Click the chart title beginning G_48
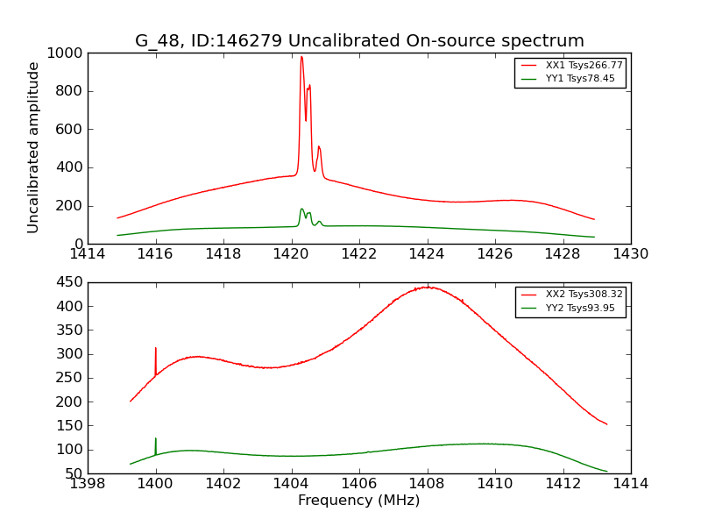pyautogui.click(x=359, y=40)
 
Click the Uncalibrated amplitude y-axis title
pyautogui.click(x=33, y=147)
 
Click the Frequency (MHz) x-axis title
pyautogui.click(x=358, y=501)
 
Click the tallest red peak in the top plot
pyautogui.click(x=301, y=58)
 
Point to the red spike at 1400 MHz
pyautogui.click(x=156, y=349)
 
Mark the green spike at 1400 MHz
pyautogui.click(x=156, y=439)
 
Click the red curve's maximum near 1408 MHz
pyautogui.click(x=428, y=287)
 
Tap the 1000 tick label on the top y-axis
pyautogui.click(x=66, y=53)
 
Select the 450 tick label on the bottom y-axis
pyautogui.click(x=70, y=282)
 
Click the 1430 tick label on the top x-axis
pyautogui.click(x=630, y=254)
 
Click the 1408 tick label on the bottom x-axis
pyautogui.click(x=427, y=483)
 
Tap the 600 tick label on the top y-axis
pyautogui.click(x=70, y=130)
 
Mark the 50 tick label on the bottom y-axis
pyautogui.click(x=74, y=473)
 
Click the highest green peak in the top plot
pyautogui.click(x=301, y=209)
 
